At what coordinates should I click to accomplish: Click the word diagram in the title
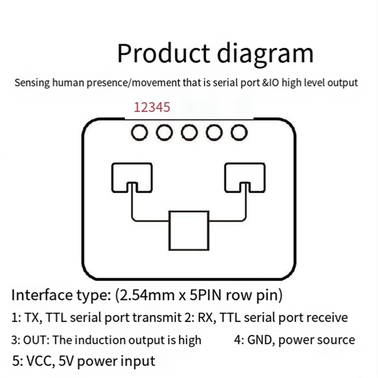point(265,54)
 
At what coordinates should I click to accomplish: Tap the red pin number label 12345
point(152,108)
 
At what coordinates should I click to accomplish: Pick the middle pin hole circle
point(189,133)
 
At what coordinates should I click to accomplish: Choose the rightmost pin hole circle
point(238,133)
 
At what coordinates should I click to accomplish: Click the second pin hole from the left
point(164,133)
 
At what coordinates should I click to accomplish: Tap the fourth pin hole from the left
point(214,133)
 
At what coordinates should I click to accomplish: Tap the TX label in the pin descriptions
point(34,318)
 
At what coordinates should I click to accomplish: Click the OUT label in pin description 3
point(35,340)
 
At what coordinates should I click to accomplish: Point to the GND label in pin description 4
point(258,340)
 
